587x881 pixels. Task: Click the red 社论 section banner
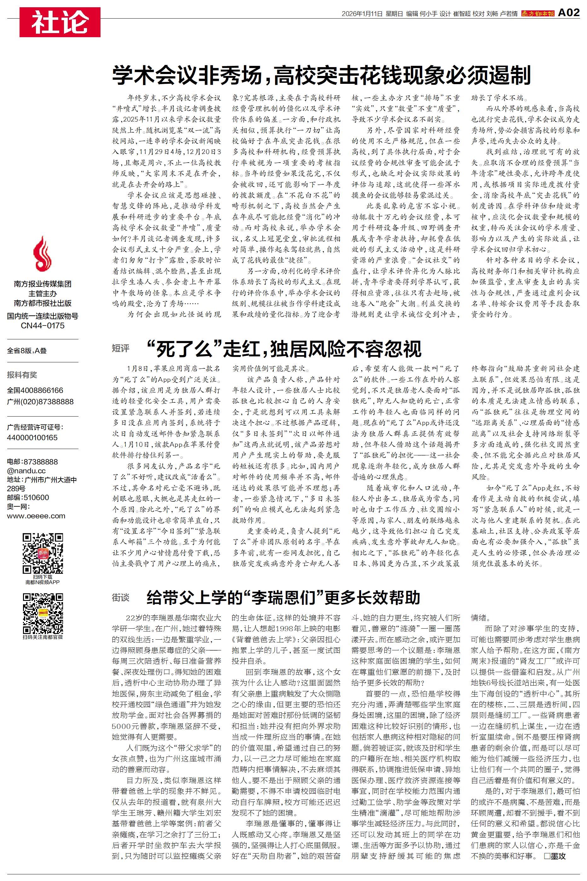click(x=60, y=22)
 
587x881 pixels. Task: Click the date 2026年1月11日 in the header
click(x=362, y=14)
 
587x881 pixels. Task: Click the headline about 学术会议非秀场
click(x=321, y=75)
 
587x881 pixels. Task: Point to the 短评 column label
click(x=121, y=348)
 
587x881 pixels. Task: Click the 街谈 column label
click(x=121, y=598)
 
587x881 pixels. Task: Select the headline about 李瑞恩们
click(x=283, y=598)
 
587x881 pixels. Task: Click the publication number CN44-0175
click(x=43, y=325)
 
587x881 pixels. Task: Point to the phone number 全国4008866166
click(x=35, y=390)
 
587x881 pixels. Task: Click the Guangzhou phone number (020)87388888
click(x=40, y=401)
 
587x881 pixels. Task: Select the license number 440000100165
click(x=32, y=437)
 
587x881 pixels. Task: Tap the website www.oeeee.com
click(x=36, y=516)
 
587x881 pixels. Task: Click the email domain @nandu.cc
click(x=26, y=471)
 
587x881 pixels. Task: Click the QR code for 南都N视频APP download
click(x=43, y=554)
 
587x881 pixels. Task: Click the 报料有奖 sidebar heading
click(x=22, y=375)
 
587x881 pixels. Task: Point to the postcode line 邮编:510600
click(x=28, y=498)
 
